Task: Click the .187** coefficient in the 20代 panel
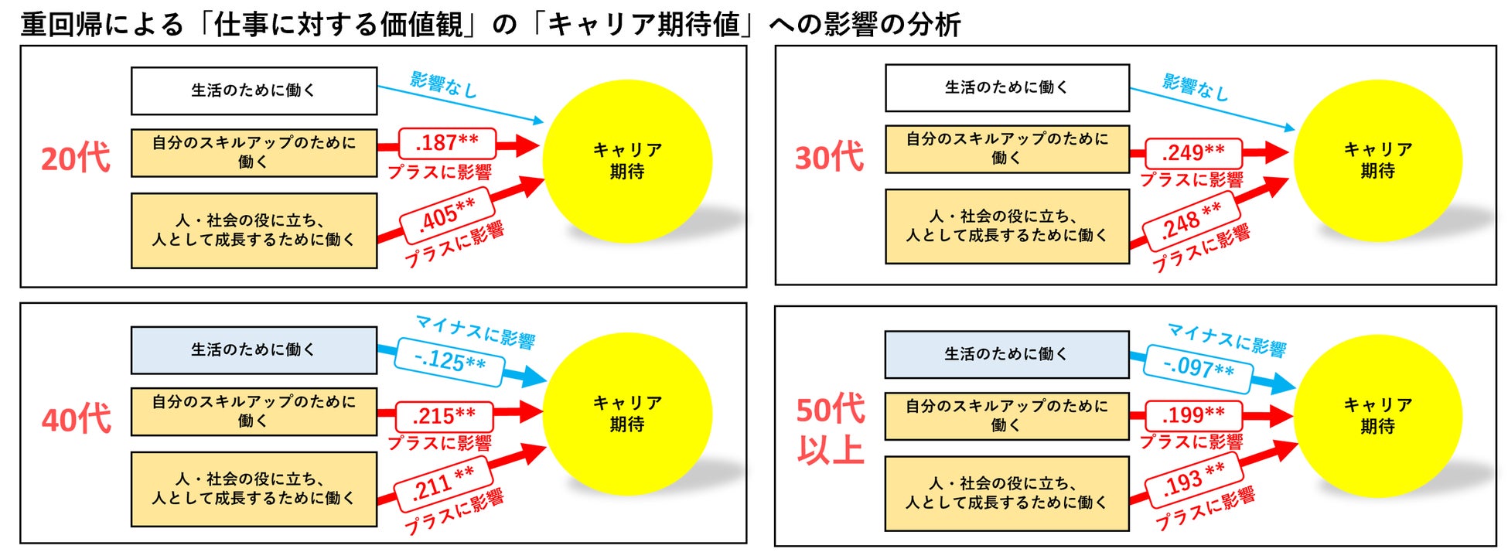pyautogui.click(x=446, y=143)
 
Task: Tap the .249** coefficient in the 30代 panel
pyautogui.click(x=1192, y=152)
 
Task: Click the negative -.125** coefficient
pyautogui.click(x=449, y=360)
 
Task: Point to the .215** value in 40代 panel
pyautogui.click(x=444, y=416)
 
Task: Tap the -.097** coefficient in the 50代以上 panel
pyautogui.click(x=1198, y=367)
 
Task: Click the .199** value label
pyautogui.click(x=1192, y=415)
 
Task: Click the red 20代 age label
pyautogui.click(x=76, y=158)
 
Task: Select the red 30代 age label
pyautogui.click(x=829, y=158)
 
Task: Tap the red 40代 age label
pyautogui.click(x=76, y=420)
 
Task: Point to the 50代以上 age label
pyautogui.click(x=831, y=429)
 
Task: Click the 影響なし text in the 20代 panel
pyautogui.click(x=443, y=84)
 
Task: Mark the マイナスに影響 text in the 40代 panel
pyautogui.click(x=476, y=331)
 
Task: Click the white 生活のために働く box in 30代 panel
pyautogui.click(x=1006, y=88)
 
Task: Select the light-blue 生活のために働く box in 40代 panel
pyautogui.click(x=254, y=350)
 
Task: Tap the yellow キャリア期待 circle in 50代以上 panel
pyautogui.click(x=1377, y=415)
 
